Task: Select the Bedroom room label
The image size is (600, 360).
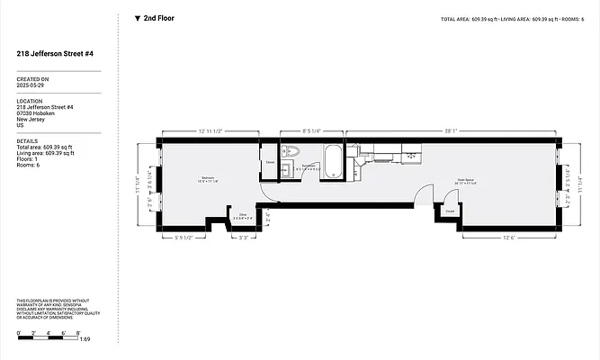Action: (208, 178)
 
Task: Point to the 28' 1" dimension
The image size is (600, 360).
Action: (452, 131)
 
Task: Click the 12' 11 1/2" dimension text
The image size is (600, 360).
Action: (210, 131)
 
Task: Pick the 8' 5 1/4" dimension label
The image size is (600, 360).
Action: (311, 131)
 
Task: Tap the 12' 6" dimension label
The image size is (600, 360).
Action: (507, 238)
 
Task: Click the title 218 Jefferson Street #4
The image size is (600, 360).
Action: (55, 54)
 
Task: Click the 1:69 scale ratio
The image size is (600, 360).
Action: (85, 339)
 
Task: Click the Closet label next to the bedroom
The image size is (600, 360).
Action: (270, 163)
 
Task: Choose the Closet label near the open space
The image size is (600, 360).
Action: (449, 212)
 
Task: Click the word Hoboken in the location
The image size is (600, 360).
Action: (45, 113)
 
